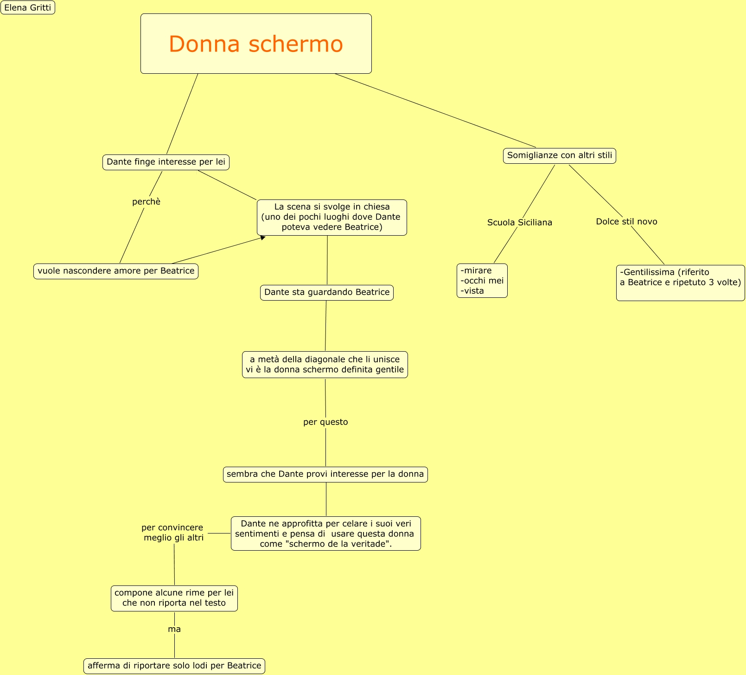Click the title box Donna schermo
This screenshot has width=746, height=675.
(x=256, y=44)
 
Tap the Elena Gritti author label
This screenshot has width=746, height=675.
(x=28, y=7)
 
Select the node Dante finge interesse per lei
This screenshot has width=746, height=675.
(x=166, y=162)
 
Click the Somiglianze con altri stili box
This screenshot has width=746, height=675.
(x=560, y=155)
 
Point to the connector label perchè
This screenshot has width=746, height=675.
(x=146, y=201)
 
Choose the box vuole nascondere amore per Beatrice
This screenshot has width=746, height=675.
(x=116, y=271)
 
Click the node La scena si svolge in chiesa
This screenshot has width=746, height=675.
(x=332, y=217)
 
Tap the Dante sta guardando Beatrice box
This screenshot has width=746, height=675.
(x=327, y=292)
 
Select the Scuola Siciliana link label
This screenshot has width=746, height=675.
(x=520, y=222)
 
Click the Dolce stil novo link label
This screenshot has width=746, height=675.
(x=626, y=221)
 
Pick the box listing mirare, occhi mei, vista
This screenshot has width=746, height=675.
(x=482, y=281)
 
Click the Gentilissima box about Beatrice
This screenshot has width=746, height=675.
(x=680, y=283)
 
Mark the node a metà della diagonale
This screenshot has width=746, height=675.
(x=325, y=365)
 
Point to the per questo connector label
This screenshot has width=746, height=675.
(x=325, y=422)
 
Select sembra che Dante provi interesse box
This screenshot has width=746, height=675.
(x=325, y=474)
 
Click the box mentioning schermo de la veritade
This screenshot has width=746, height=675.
(x=326, y=534)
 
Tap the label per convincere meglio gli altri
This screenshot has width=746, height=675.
(x=173, y=533)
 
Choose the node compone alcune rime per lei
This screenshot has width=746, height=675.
(x=174, y=598)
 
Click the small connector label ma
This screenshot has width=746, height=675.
(x=174, y=629)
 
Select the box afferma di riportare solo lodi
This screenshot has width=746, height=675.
(x=174, y=666)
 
